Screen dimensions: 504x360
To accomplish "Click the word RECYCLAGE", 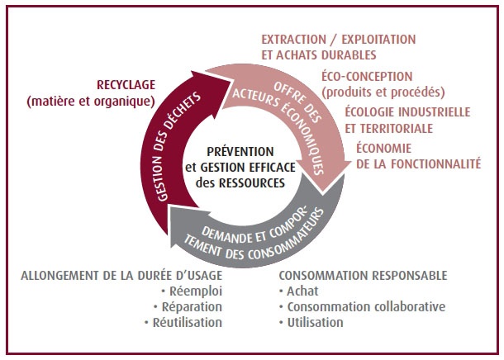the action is (126, 85).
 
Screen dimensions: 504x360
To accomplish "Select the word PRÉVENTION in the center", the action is (240, 151).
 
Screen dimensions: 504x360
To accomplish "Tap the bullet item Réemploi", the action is (196, 291).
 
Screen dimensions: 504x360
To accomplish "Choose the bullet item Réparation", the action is (192, 306).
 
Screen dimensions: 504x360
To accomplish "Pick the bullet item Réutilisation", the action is (188, 322).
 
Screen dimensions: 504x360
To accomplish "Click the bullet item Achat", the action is (302, 291).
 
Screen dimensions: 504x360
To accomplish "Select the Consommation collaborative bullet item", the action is (366, 306).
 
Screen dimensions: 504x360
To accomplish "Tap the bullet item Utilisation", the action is (315, 322).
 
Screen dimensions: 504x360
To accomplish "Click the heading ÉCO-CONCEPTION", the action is (367, 77).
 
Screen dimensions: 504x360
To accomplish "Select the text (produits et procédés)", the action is (383, 92).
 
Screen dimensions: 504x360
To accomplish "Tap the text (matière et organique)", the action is (91, 102).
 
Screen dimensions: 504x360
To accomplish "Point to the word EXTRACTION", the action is (293, 40).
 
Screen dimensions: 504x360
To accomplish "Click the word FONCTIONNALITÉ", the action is (431, 163).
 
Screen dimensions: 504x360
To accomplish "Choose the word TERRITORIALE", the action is (397, 129).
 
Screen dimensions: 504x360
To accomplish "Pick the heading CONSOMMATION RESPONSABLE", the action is (363, 276).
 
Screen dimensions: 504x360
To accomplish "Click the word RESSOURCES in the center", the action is (252, 182).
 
